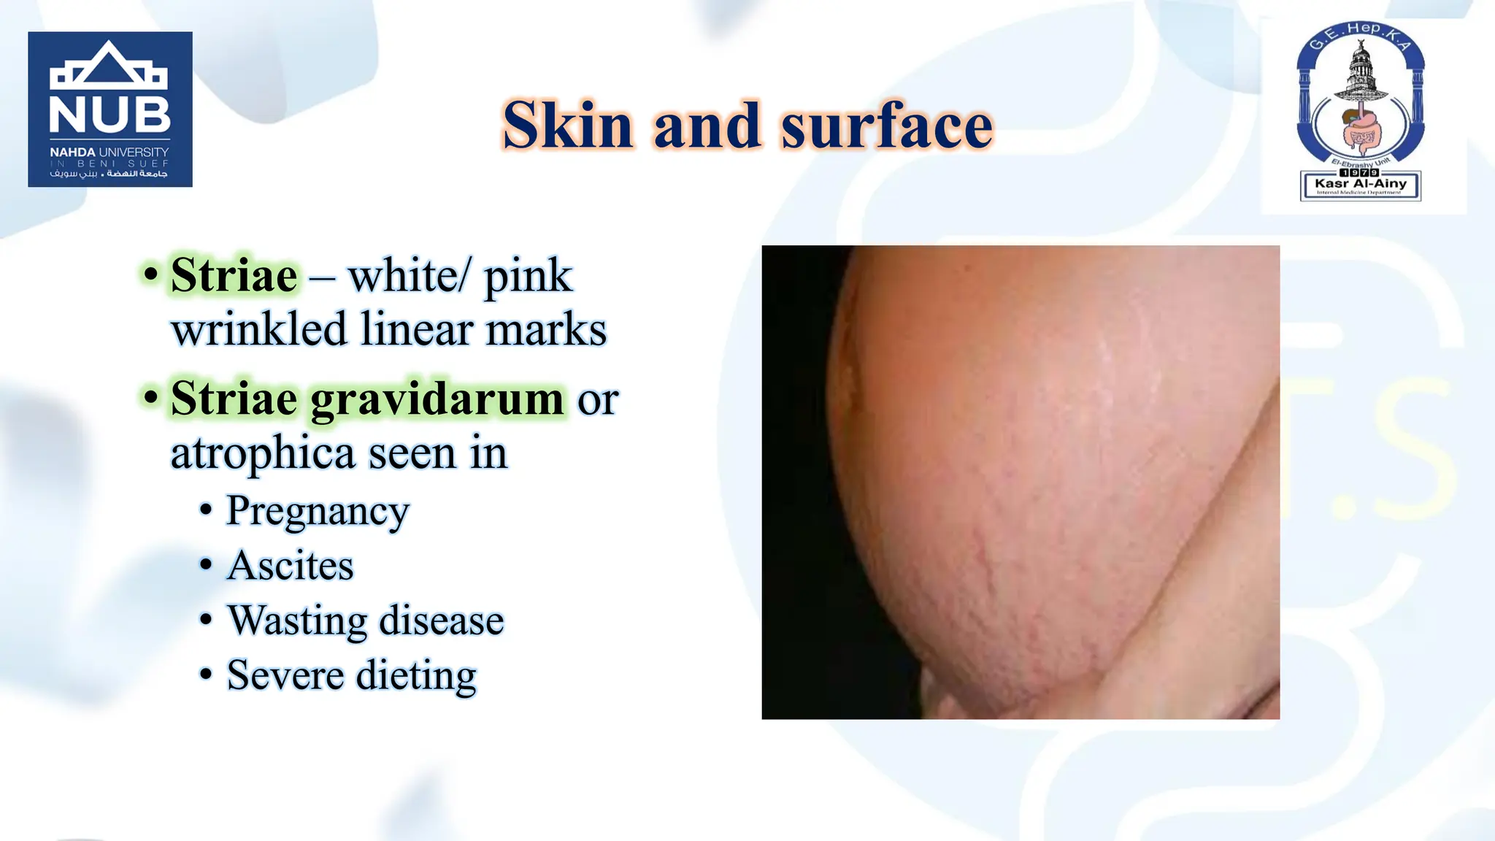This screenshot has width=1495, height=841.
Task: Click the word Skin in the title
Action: tap(567, 126)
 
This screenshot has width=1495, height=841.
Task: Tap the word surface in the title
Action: tap(886, 126)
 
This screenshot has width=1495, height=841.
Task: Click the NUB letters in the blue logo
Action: tap(109, 114)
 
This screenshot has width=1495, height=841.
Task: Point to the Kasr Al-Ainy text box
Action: tap(1360, 185)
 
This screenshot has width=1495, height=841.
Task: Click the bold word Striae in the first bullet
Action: tap(234, 276)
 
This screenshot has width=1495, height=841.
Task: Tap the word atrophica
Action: tap(263, 453)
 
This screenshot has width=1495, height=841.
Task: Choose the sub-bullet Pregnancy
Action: tap(318, 510)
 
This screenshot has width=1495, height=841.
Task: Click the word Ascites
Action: tap(290, 566)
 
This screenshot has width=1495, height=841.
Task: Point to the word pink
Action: tap(528, 276)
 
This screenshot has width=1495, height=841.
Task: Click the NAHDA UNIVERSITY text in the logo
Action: tap(109, 152)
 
